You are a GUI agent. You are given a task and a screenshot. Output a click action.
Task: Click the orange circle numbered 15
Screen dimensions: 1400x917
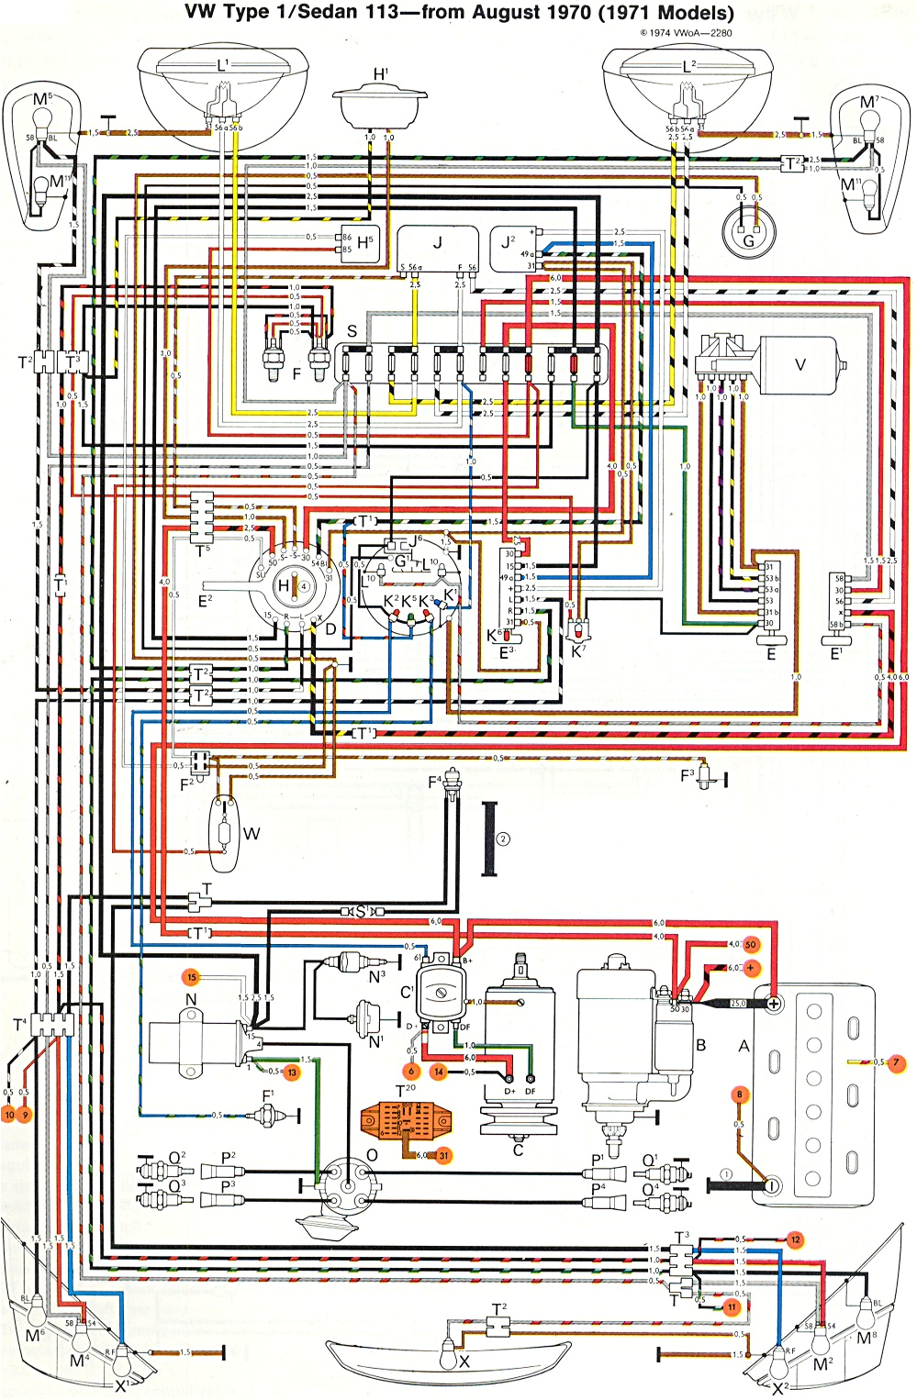pyautogui.click(x=192, y=977)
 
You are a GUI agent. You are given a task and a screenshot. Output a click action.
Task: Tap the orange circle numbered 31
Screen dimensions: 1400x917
pyautogui.click(x=443, y=1155)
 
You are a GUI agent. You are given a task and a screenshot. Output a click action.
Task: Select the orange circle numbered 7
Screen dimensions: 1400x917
pyautogui.click(x=897, y=1063)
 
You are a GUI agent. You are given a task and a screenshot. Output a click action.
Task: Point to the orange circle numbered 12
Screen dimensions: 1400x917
pyautogui.click(x=795, y=1239)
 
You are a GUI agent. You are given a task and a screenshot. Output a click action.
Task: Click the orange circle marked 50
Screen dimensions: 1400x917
pyautogui.click(x=751, y=944)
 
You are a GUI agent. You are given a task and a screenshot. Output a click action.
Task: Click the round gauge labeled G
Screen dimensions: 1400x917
pyautogui.click(x=748, y=235)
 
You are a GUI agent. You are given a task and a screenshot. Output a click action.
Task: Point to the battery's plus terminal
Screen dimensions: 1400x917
pyautogui.click(x=774, y=1004)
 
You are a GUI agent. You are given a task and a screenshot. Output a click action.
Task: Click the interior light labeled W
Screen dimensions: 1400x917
pyautogui.click(x=224, y=833)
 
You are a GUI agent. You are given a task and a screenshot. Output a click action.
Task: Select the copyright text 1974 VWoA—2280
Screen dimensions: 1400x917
pyautogui.click(x=686, y=33)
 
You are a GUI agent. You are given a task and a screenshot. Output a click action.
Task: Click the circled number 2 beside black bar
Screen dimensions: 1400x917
pyautogui.click(x=502, y=839)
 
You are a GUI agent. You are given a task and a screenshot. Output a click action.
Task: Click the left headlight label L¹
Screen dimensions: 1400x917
pyautogui.click(x=223, y=66)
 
